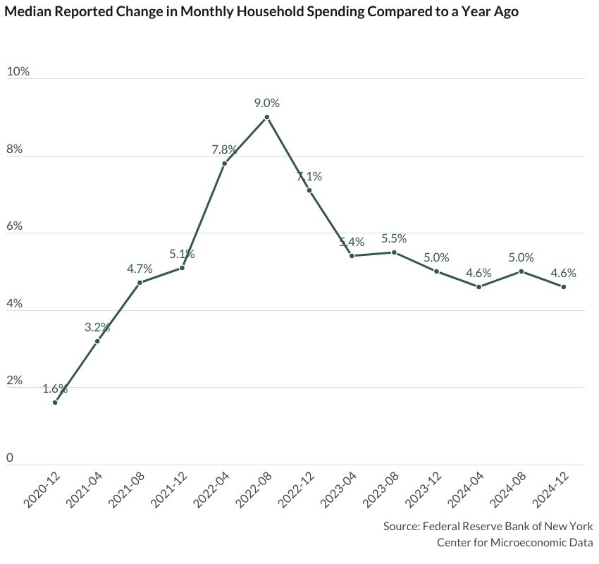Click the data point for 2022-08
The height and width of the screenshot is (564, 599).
tap(266, 117)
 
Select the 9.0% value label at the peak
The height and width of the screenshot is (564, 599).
tap(267, 103)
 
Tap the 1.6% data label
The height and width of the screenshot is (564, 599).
tap(55, 388)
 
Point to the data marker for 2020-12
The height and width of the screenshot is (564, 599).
tap(55, 403)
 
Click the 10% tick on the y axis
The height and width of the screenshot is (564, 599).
tap(18, 72)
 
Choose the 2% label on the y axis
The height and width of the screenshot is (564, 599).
tap(15, 381)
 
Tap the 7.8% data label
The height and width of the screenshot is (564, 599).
tap(225, 149)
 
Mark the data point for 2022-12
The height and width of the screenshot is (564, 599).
tap(309, 190)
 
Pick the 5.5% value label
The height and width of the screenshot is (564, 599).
tap(394, 239)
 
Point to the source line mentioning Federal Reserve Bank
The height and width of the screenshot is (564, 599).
tap(488, 527)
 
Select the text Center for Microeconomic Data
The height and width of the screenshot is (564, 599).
tap(514, 542)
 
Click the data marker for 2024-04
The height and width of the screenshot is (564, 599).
tap(479, 287)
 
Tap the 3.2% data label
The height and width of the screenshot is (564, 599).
tap(97, 327)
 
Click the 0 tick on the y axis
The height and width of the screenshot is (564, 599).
tap(10, 458)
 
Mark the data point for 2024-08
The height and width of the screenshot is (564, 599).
tap(521, 271)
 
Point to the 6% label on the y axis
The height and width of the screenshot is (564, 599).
tap(15, 226)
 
